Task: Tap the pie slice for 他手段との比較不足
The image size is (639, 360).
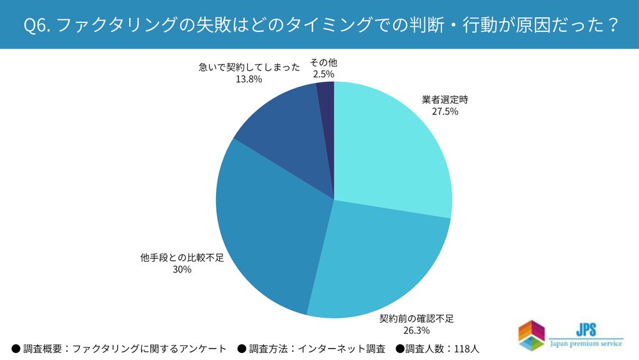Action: pyautogui.click(x=268, y=237)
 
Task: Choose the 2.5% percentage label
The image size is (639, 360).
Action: pyautogui.click(x=323, y=75)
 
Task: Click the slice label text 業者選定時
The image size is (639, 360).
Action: pyautogui.click(x=445, y=100)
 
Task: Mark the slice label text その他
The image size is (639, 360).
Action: pyautogui.click(x=323, y=63)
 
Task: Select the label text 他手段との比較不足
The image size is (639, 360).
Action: pyautogui.click(x=182, y=258)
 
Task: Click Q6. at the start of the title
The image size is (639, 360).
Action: pyautogui.click(x=33, y=25)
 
